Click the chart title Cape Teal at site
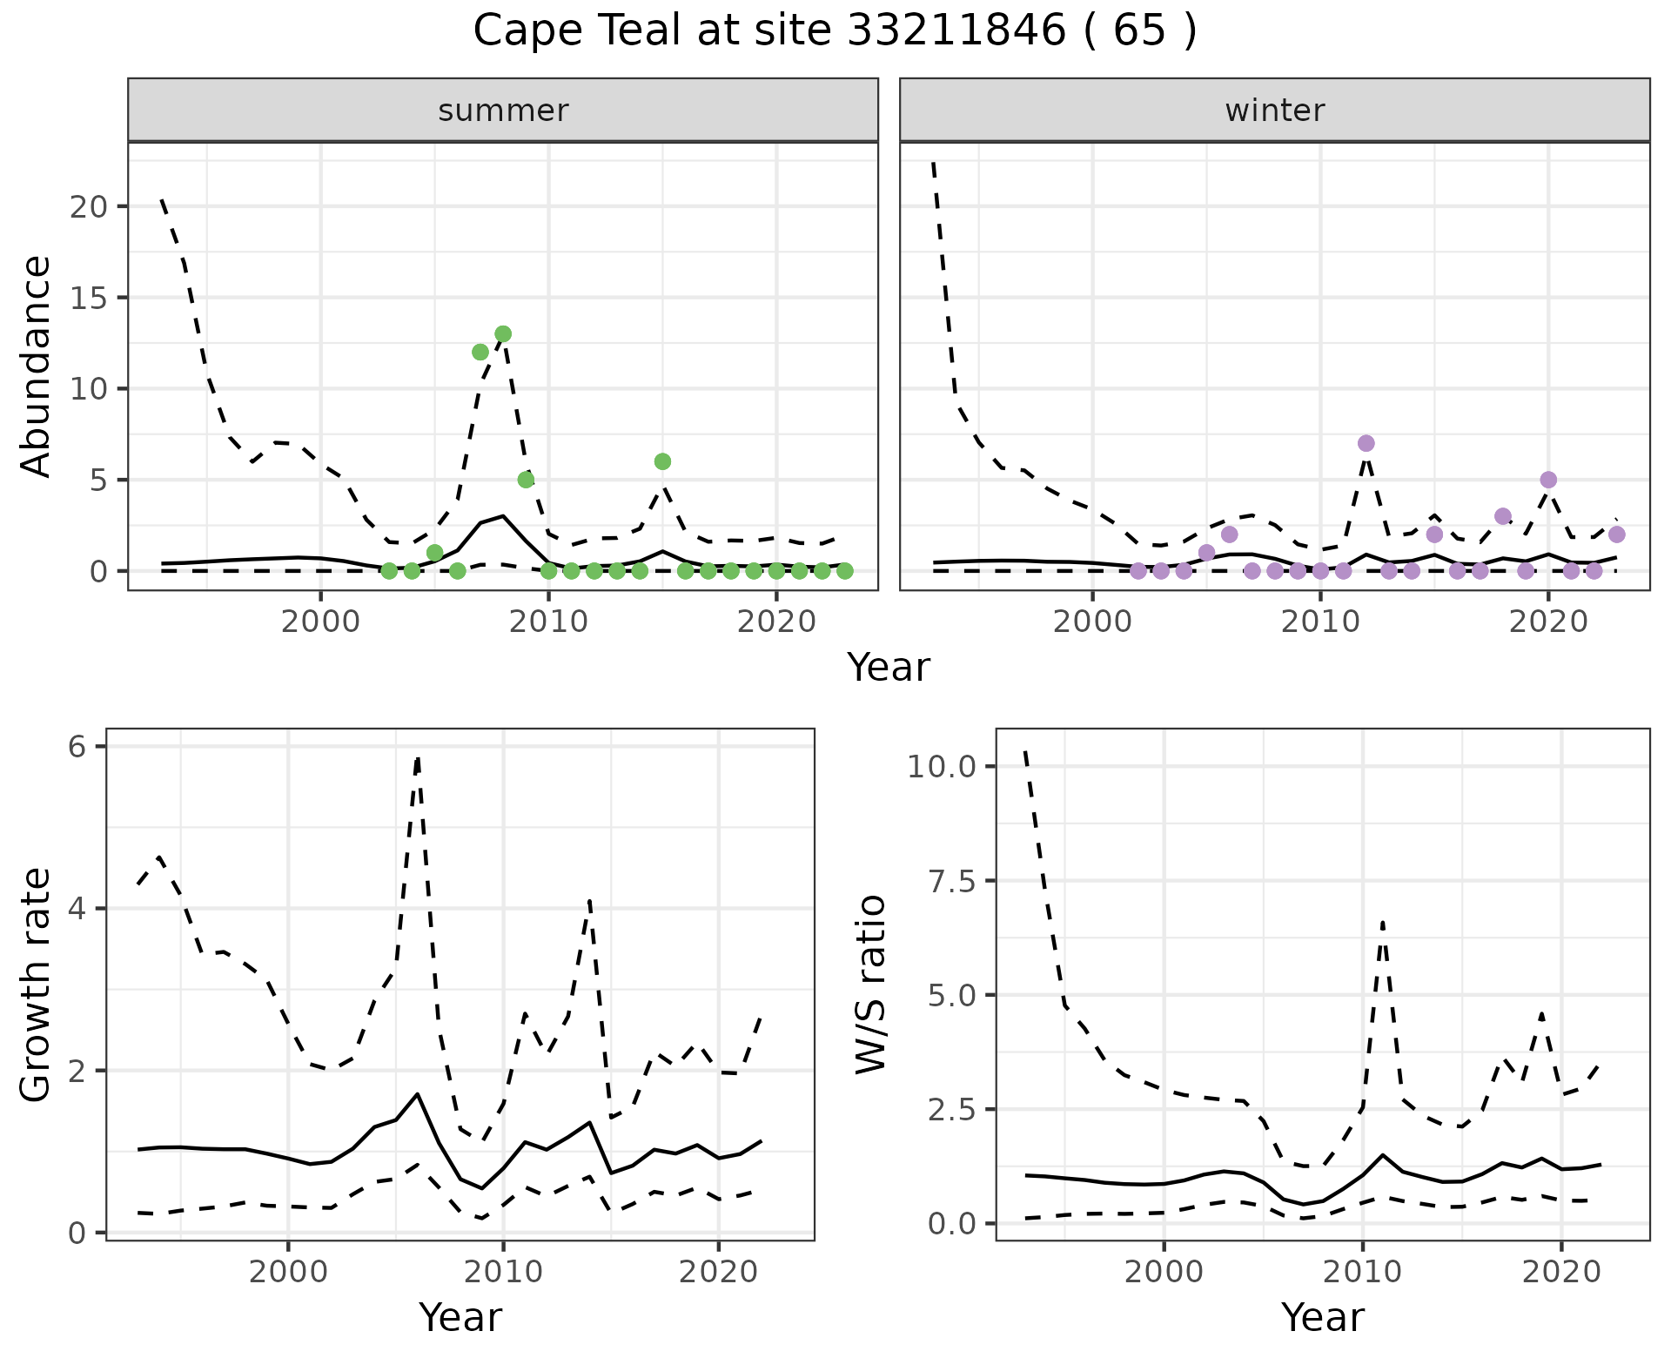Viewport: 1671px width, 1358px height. [835, 31]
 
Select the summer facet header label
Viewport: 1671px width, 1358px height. [503, 111]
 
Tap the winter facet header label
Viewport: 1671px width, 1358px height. [1274, 111]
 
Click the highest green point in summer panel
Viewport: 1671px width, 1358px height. [503, 334]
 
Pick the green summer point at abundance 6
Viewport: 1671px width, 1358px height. [662, 461]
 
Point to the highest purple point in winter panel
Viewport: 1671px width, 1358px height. [1366, 443]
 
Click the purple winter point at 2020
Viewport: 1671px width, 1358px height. [1548, 480]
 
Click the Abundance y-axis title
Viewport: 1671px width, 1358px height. [37, 366]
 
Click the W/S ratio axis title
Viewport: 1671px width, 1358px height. [870, 984]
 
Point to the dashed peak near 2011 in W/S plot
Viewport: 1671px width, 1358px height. [1382, 922]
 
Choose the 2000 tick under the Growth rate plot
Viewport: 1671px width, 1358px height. [288, 1272]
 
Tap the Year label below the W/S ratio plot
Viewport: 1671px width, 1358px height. [1322, 1318]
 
